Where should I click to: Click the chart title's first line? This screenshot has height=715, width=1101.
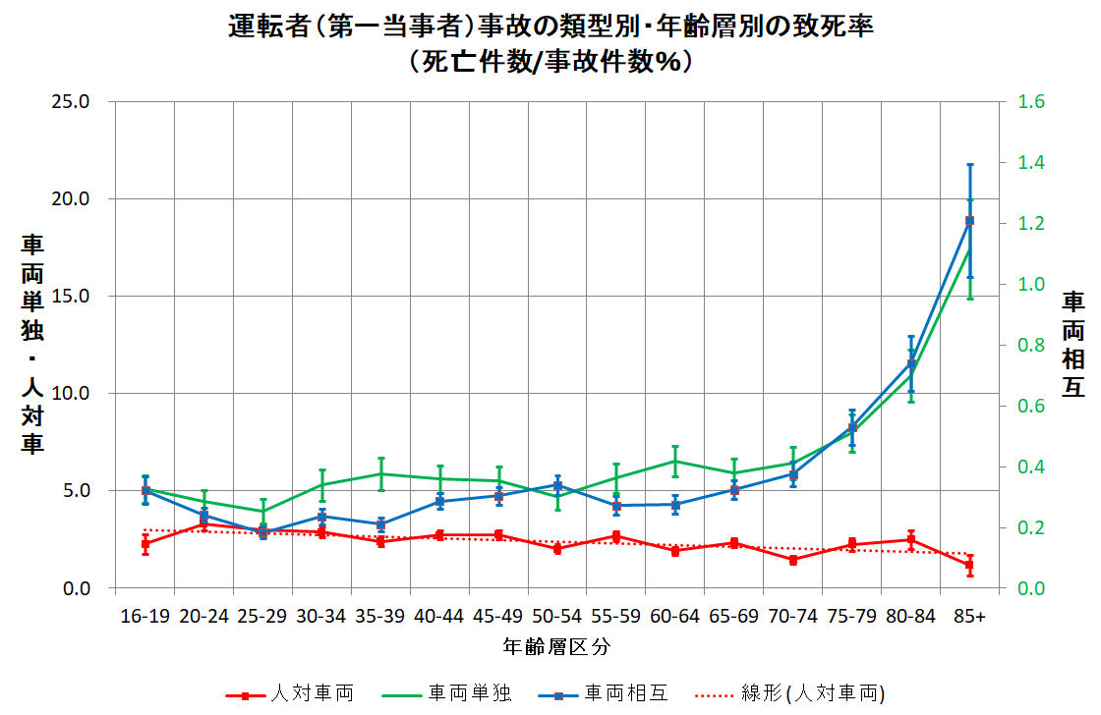(550, 27)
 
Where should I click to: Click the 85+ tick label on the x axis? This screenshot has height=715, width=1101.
(969, 616)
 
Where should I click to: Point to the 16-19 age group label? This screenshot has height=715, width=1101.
(145, 616)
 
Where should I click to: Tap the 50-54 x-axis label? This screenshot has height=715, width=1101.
(557, 616)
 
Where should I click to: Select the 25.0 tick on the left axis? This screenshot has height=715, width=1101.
(70, 101)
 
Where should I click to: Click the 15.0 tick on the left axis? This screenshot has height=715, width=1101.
(70, 296)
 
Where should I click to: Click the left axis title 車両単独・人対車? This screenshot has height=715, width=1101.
(32, 344)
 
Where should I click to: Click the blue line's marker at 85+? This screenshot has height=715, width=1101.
(969, 221)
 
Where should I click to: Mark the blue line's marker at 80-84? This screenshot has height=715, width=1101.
(911, 364)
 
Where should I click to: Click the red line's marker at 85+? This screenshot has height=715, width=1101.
(969, 565)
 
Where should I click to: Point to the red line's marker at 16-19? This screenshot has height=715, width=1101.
(145, 543)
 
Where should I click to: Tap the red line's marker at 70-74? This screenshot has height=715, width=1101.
(793, 560)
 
